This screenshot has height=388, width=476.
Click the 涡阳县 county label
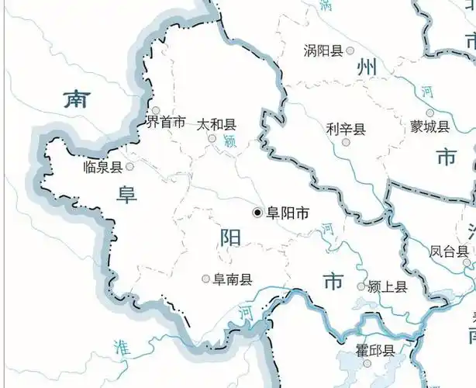coord(323,51)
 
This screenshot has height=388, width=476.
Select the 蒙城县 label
coord(429,126)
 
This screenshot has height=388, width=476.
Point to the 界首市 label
coord(166,123)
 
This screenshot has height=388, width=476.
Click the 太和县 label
coord(216,124)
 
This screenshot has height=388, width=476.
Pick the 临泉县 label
coord(103,166)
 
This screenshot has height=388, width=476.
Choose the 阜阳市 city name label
coord(288,212)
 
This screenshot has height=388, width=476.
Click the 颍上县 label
coord(388,287)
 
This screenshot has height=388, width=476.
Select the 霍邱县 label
coord(376,351)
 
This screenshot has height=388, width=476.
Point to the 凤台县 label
coord(450,251)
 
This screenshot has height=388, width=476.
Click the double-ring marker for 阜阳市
coord(257,212)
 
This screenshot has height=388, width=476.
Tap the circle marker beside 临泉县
coord(129,166)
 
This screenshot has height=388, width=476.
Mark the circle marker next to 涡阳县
coord(350,50)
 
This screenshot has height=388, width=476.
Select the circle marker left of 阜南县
coord(205,279)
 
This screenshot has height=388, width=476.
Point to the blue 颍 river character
coord(228,141)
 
